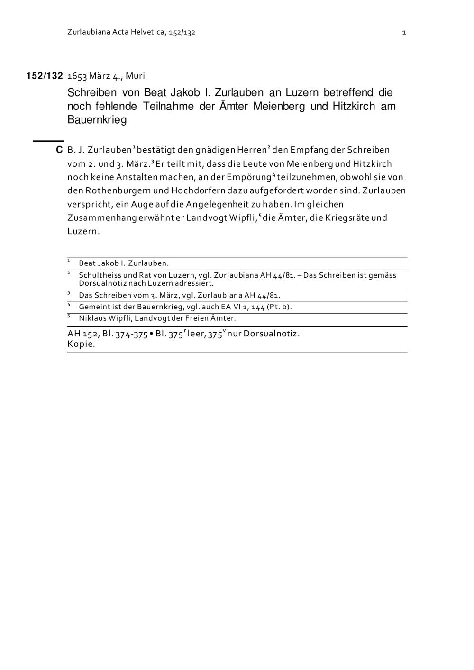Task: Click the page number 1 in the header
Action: click(404, 33)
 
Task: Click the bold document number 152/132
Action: click(45, 76)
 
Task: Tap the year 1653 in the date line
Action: click(77, 76)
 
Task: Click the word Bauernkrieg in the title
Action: click(97, 120)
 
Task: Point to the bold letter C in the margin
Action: click(59, 150)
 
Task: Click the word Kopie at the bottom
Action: click(81, 344)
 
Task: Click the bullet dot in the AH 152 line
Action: click(151, 334)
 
